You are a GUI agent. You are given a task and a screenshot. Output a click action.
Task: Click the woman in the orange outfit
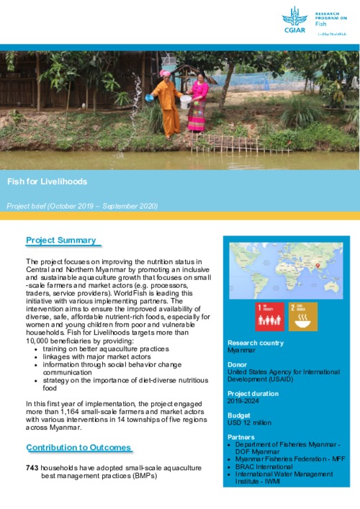coord(169,104)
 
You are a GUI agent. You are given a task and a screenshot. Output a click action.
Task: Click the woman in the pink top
coord(197,104)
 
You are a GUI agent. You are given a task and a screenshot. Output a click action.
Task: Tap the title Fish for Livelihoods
coord(47,181)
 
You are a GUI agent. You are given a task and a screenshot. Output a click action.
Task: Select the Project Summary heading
coord(61,240)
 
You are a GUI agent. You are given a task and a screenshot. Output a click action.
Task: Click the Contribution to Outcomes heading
coord(78,448)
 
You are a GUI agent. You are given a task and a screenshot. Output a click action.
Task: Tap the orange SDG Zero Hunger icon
coord(302,316)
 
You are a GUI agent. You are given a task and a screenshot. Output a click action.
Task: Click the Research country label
coord(252,343)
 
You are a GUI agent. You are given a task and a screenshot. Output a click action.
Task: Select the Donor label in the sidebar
coord(238,364)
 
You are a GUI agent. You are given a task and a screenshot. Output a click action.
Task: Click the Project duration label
coord(252,394)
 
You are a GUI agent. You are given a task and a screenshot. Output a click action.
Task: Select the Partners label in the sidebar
coord(241,437)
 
